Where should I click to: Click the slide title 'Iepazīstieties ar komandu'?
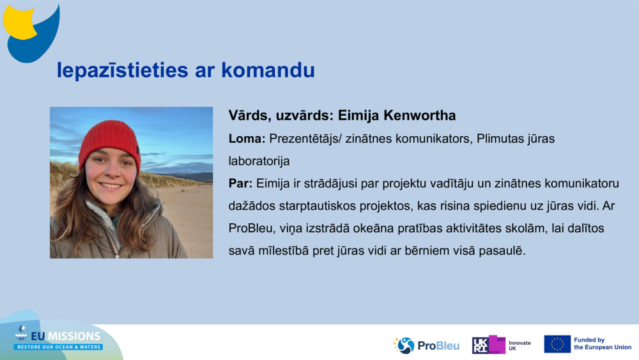185,70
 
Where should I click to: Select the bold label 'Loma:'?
247,138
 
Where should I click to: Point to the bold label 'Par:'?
241,184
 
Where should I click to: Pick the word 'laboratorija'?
259,161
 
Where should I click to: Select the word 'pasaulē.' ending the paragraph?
504,251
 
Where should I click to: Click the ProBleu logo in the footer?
426,345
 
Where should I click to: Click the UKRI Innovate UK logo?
501,345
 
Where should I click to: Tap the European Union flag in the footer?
557,344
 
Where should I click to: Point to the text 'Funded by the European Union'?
602,344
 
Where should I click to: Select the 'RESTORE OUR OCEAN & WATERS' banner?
58,347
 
